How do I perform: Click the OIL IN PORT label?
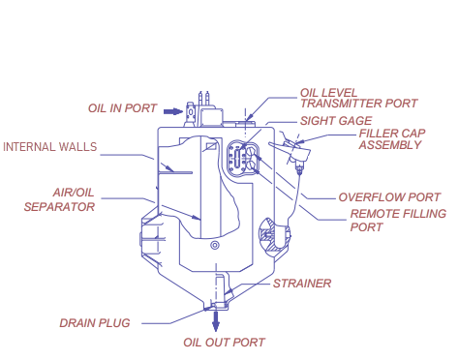pyautogui.click(x=123, y=108)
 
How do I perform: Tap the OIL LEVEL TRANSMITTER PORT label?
pyautogui.click(x=358, y=98)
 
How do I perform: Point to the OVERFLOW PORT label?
pyautogui.click(x=389, y=196)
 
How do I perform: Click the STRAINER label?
pyautogui.click(x=302, y=284)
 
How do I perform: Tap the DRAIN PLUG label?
pyautogui.click(x=94, y=322)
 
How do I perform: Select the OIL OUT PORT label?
pyautogui.click(x=224, y=342)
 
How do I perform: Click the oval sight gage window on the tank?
pyautogui.click(x=239, y=158)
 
